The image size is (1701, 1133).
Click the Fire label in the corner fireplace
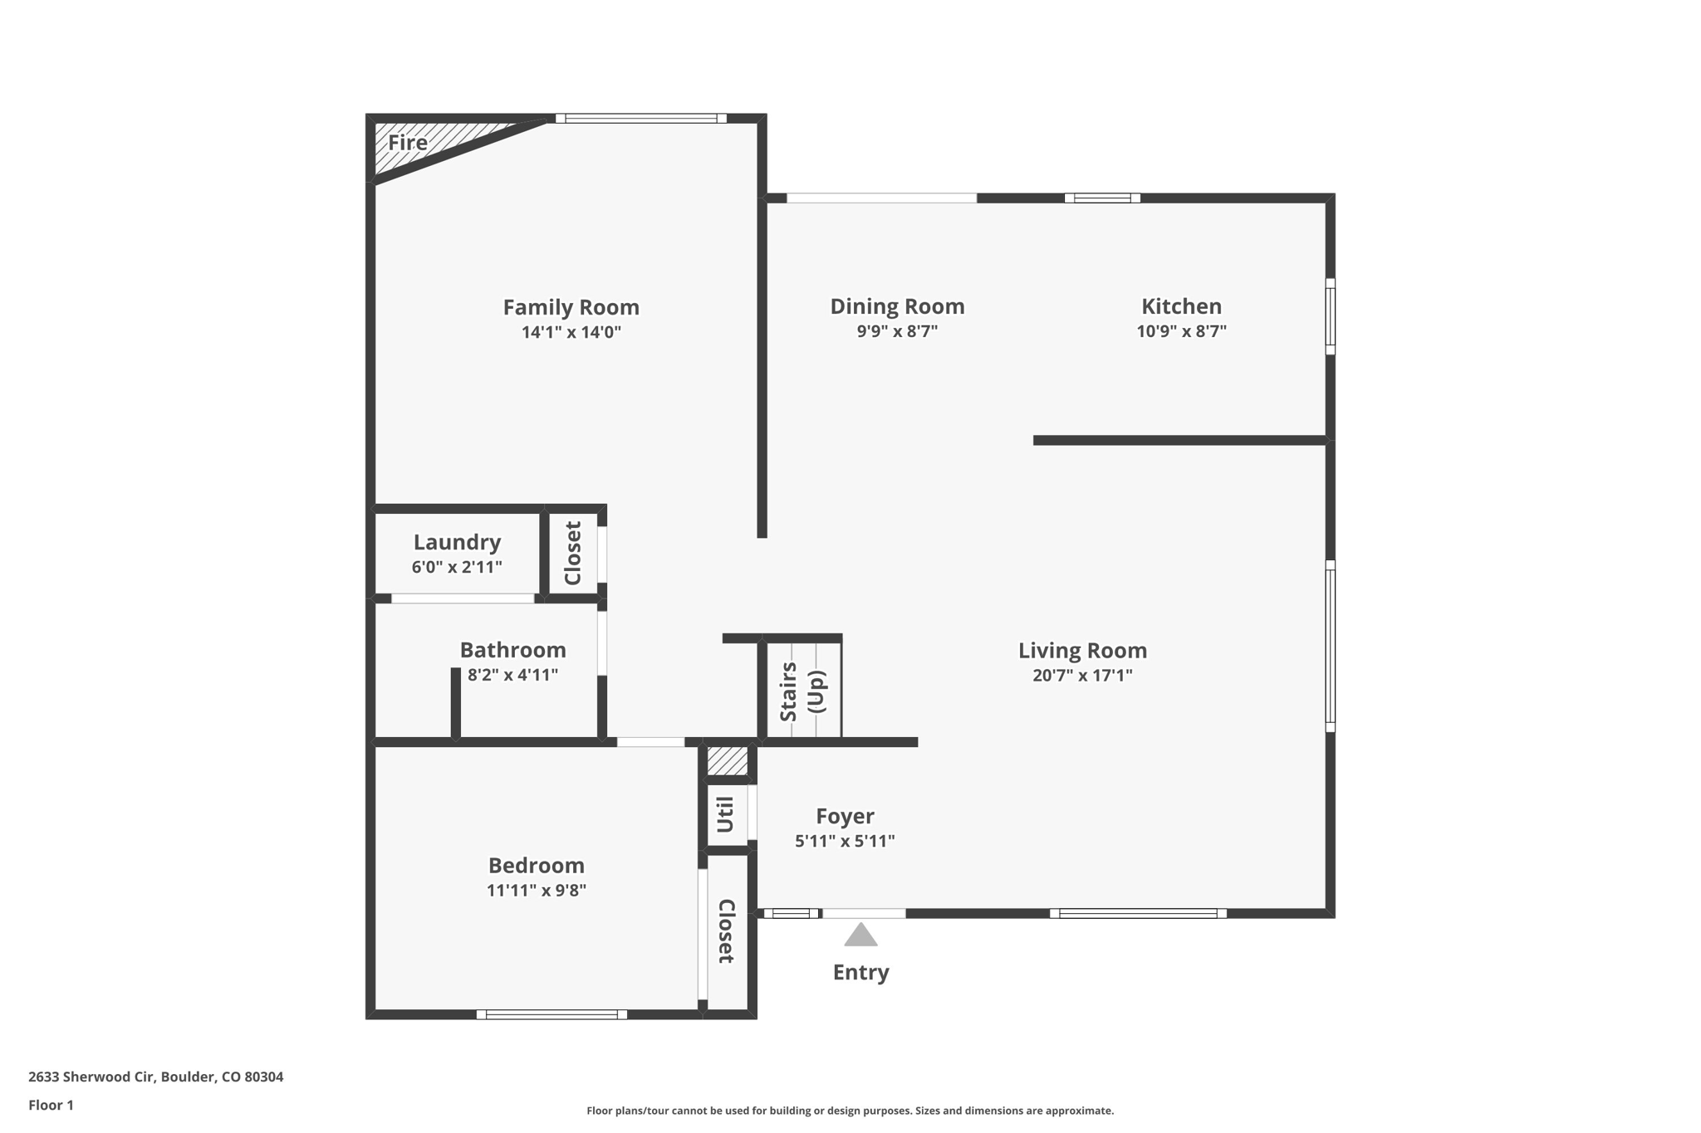click(408, 143)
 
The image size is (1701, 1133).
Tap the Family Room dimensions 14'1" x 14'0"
click(571, 332)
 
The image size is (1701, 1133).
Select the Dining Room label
click(897, 306)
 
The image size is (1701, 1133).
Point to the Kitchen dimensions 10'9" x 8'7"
click(1181, 331)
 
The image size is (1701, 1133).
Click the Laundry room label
click(457, 542)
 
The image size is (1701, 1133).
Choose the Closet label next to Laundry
click(573, 554)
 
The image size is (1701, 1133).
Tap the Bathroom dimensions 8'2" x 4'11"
click(512, 675)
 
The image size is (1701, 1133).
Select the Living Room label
click(1082, 651)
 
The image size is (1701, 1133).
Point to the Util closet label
click(725, 815)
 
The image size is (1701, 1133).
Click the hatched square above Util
click(727, 761)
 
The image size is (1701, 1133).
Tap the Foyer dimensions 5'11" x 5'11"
click(845, 841)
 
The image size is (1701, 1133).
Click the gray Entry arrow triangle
click(860, 936)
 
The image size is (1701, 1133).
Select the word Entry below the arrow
click(860, 972)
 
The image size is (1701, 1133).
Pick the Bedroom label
click(537, 866)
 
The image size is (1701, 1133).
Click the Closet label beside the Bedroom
click(726, 931)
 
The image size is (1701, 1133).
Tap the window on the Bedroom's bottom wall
click(551, 1014)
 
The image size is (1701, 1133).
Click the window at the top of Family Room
click(641, 119)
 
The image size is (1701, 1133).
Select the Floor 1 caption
click(51, 1105)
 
